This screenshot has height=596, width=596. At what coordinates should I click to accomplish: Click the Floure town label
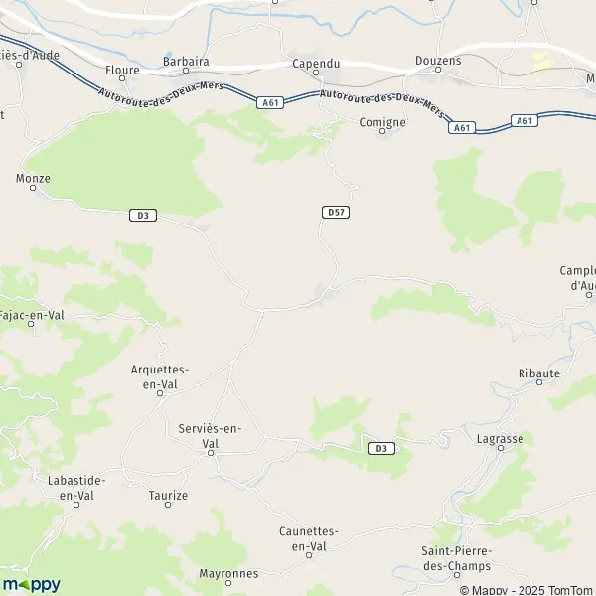click(x=122, y=71)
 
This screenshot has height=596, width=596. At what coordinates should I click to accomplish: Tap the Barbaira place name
click(x=186, y=61)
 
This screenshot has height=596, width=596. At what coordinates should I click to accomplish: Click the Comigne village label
click(x=382, y=122)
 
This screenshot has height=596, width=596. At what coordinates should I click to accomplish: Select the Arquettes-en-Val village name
click(x=160, y=375)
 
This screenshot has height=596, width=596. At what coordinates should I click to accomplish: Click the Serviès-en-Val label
click(x=211, y=435)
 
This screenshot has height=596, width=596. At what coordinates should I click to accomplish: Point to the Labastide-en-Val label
click(x=76, y=487)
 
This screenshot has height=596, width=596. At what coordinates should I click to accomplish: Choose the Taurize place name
click(x=167, y=495)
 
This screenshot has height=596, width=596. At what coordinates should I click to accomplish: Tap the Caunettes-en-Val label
click(x=309, y=538)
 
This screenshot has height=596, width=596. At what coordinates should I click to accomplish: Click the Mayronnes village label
click(x=228, y=573)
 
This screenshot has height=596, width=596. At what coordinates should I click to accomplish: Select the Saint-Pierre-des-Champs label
click(x=458, y=558)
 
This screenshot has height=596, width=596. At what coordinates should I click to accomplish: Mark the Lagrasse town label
click(x=500, y=438)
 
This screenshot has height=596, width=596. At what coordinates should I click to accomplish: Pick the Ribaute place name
click(x=539, y=373)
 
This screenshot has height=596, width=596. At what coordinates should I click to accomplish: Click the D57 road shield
click(x=336, y=213)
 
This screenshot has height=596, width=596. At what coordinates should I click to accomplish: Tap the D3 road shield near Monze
click(x=143, y=215)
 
